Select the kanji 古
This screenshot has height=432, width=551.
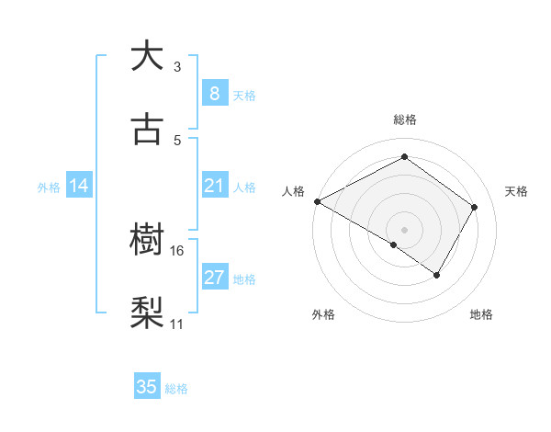147,129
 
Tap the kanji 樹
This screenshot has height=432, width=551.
147,241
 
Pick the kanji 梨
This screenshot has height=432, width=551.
147,313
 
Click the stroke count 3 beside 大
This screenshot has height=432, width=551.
177,67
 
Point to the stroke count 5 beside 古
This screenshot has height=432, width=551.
177,141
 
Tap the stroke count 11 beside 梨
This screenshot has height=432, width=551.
177,324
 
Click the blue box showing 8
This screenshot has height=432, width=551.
214,93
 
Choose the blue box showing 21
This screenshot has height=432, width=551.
214,186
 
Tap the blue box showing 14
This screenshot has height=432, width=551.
79,186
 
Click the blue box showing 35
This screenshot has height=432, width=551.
147,387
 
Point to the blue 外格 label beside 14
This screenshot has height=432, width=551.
49,187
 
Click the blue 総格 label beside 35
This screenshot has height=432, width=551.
176,388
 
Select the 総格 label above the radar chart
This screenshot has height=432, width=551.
404,119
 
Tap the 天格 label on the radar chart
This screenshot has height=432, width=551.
517,191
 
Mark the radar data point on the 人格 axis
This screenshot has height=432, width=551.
316,200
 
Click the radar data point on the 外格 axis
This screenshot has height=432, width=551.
394,244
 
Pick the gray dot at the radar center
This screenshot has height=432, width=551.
404,229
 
